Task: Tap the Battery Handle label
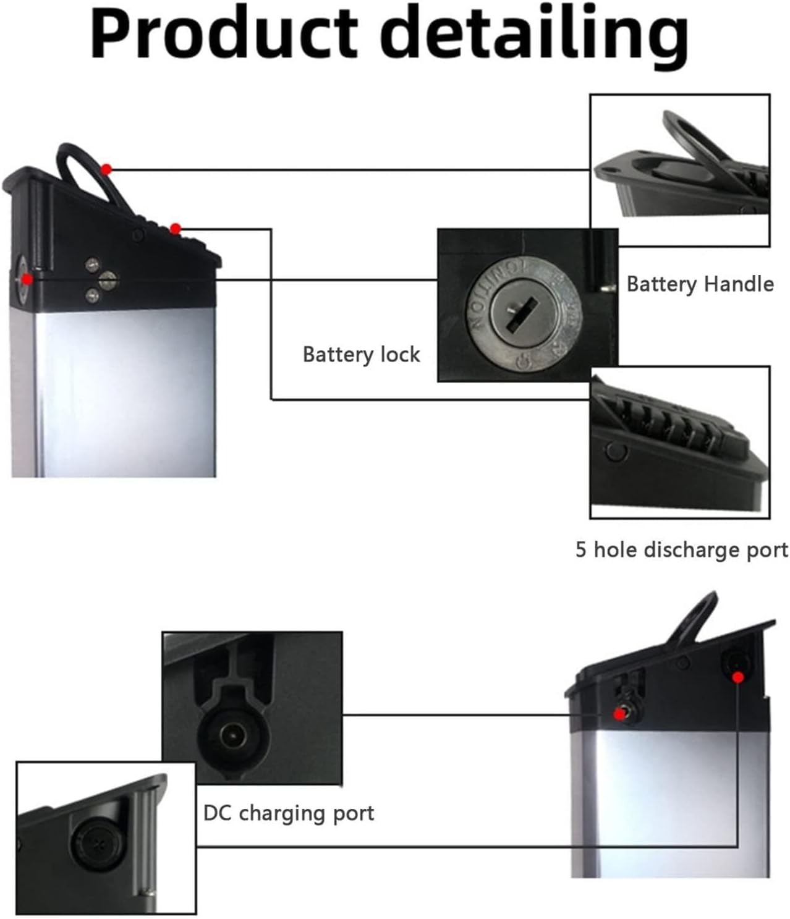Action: [700, 284]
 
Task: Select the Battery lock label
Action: [361, 354]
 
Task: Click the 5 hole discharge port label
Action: [681, 549]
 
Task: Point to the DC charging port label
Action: [289, 813]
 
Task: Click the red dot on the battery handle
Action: [106, 169]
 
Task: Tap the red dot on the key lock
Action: [27, 279]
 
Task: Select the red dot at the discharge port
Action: [176, 229]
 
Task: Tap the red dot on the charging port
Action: [619, 714]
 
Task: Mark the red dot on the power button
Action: [737, 678]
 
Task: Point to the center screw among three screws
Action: [108, 279]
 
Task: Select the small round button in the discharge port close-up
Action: [614, 451]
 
